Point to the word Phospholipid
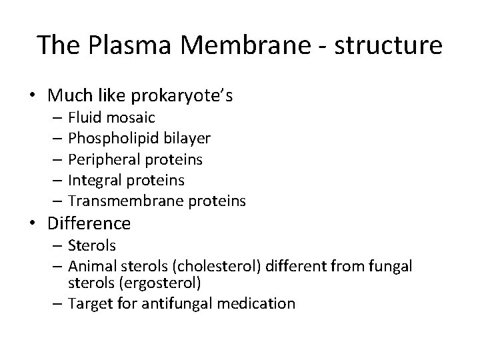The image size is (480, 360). coord(107,139)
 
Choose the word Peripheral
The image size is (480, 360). coord(103,159)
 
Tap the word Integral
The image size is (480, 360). coord(96,180)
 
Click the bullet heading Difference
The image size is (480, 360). coord(89,223)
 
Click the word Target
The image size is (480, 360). coord(89,304)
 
